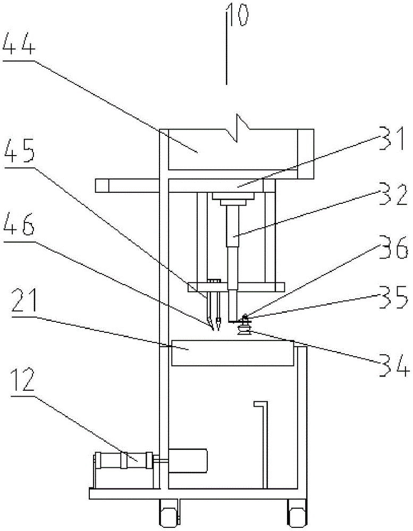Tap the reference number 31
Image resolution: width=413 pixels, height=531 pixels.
tap(392, 139)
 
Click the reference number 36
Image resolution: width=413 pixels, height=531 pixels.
tap(393, 247)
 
